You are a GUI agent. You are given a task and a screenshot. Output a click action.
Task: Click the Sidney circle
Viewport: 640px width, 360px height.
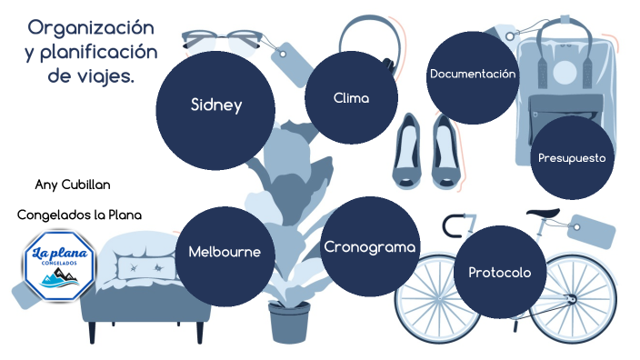[x=215, y=105]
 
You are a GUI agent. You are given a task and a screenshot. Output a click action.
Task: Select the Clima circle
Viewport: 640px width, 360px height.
[x=351, y=97]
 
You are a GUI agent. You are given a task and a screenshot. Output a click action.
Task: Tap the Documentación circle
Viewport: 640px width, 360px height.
[x=473, y=75]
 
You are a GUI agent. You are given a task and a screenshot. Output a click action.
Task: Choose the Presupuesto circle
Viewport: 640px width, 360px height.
[x=572, y=157]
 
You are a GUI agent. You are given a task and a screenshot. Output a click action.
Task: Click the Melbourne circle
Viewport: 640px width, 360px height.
[x=224, y=252]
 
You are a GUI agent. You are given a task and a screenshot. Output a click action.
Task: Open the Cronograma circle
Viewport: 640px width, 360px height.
[x=370, y=246]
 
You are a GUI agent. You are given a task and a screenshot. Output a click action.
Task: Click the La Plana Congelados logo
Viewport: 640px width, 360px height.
[x=58, y=261]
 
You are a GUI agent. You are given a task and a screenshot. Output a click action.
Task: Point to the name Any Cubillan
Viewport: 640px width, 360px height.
[x=73, y=185]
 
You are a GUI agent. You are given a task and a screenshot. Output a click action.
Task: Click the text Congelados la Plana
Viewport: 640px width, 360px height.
[x=80, y=215]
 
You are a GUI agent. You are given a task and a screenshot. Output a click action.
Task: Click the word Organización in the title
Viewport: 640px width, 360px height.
[x=91, y=27]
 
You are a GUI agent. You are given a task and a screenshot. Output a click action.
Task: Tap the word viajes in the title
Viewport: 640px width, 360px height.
[x=104, y=75]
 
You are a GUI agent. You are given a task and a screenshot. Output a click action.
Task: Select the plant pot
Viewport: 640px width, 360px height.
[x=290, y=322]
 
